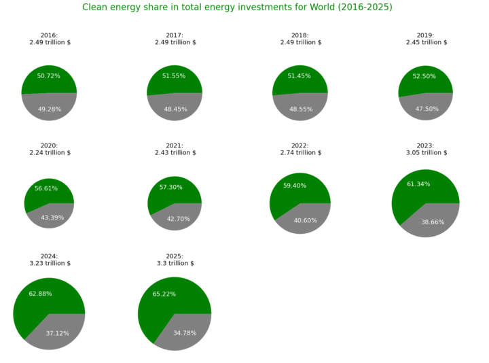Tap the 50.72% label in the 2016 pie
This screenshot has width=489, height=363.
(49, 75)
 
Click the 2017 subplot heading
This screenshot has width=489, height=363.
(175, 39)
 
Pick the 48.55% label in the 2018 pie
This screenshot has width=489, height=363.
(300, 109)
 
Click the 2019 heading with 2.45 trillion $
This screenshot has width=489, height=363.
(425, 39)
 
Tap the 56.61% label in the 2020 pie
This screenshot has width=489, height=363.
(46, 188)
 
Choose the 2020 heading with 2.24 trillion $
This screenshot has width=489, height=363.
(49, 149)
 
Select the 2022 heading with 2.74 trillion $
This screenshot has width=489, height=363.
(300, 149)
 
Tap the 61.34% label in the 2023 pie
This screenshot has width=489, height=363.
(418, 184)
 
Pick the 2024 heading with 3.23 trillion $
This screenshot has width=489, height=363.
(49, 260)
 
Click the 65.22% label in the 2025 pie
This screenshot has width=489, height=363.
(166, 294)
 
